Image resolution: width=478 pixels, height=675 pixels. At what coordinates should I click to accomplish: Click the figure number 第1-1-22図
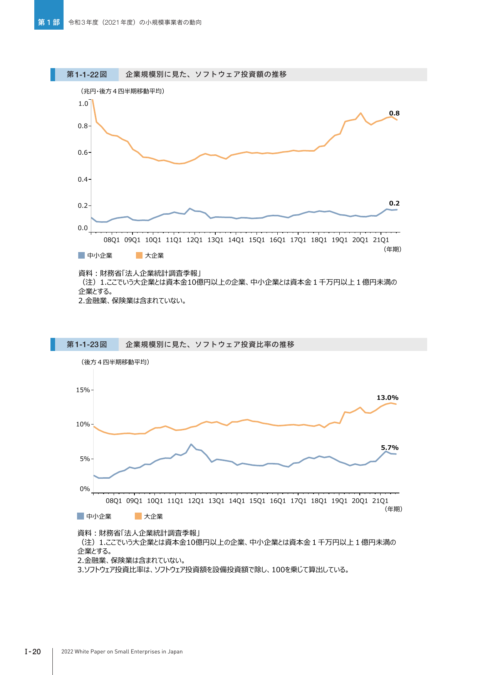click(x=87, y=75)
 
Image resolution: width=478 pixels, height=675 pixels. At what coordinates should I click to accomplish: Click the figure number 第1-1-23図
click(x=87, y=344)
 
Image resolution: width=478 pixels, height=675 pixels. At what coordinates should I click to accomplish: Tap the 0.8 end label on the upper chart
click(x=394, y=113)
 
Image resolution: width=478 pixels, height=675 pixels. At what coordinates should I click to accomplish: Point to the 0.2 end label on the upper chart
click(x=394, y=203)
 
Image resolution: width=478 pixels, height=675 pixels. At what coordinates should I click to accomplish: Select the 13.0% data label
click(x=387, y=398)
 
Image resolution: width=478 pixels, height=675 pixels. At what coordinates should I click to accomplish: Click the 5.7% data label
click(x=389, y=448)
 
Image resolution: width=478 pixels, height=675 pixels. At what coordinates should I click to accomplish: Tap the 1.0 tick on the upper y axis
click(x=83, y=104)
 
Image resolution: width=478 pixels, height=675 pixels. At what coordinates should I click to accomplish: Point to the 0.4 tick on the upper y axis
click(x=83, y=179)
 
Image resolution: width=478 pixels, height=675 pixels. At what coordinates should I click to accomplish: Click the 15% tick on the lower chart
click(x=83, y=390)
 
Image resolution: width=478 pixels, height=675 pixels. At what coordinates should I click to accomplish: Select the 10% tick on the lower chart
click(x=83, y=424)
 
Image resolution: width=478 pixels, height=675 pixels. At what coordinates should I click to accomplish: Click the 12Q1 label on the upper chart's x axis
click(x=195, y=240)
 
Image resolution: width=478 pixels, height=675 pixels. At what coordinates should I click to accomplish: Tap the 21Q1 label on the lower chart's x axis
click(x=380, y=501)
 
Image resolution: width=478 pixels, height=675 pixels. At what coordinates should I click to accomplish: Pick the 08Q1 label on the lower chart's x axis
click(x=114, y=501)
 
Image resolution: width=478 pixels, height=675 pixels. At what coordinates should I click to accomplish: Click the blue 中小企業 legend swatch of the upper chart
click(x=81, y=255)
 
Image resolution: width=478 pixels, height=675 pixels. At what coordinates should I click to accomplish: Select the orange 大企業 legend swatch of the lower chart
click(x=138, y=516)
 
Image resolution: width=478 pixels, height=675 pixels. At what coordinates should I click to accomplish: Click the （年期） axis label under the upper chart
click(x=392, y=249)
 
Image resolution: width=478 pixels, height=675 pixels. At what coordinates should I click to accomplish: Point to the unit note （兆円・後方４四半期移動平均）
click(x=122, y=91)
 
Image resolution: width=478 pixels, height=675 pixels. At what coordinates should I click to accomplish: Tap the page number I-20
click(x=33, y=652)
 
